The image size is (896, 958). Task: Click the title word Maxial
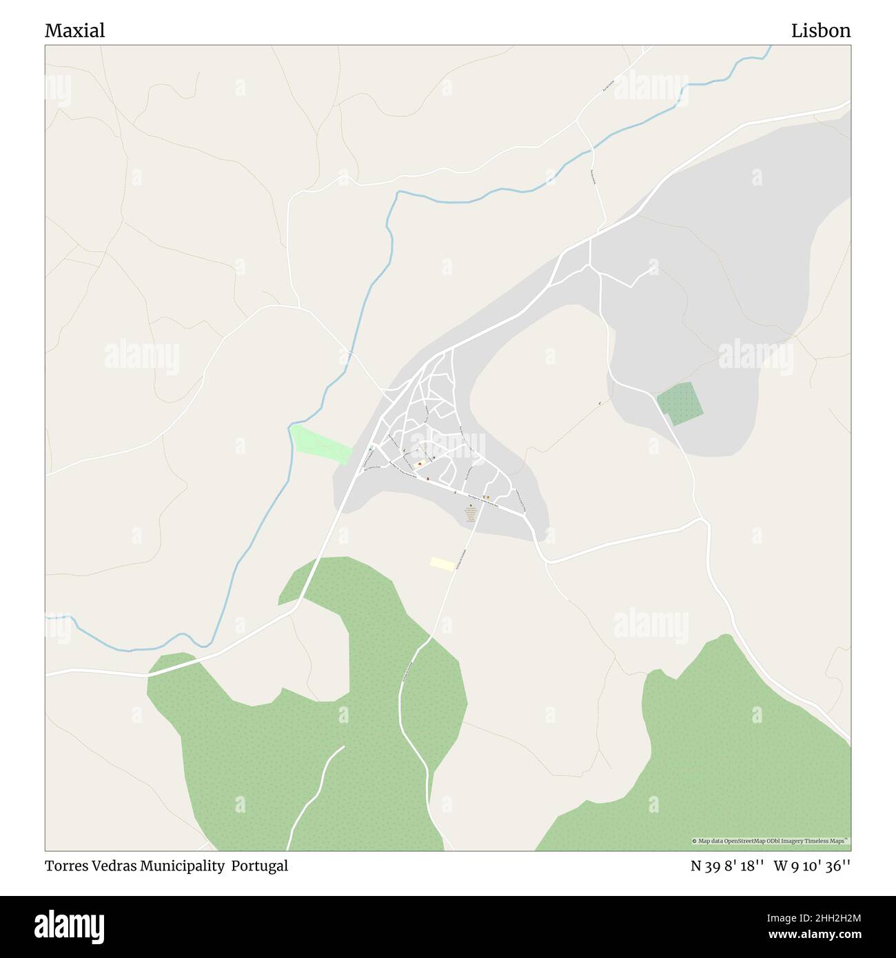pyautogui.click(x=75, y=30)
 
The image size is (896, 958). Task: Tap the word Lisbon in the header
pyautogui.click(x=820, y=30)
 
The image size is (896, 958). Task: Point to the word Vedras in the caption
pyautogui.click(x=114, y=866)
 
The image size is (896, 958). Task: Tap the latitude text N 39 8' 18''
pyautogui.click(x=728, y=866)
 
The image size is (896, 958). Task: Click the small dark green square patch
pyautogui.click(x=680, y=404)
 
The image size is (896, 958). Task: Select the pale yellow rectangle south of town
pyautogui.click(x=442, y=564)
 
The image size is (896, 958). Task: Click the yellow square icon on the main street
pyautogui.click(x=488, y=497)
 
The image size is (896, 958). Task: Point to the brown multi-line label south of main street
pyautogui.click(x=471, y=516)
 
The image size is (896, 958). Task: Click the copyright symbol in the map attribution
pyautogui.click(x=695, y=842)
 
